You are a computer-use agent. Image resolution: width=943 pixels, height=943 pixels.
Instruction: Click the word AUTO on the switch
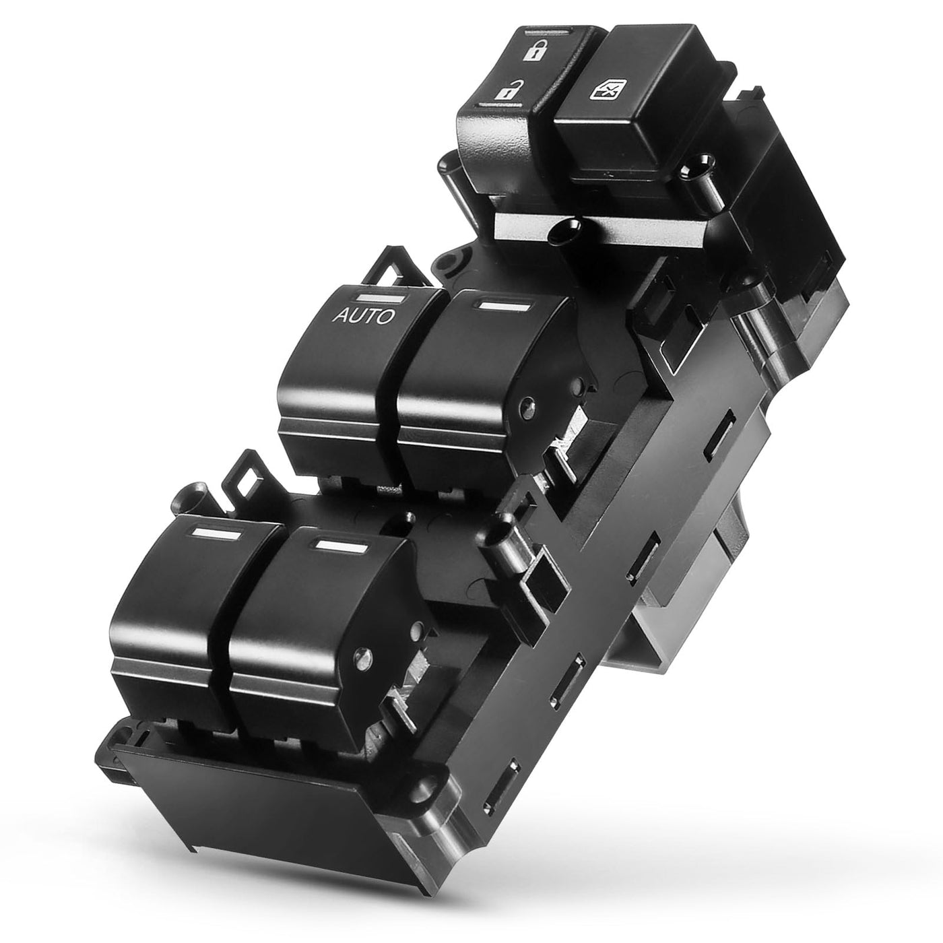363,316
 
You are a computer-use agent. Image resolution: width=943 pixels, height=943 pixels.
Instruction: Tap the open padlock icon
505,90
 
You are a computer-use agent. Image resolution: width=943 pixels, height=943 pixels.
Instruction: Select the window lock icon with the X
608,90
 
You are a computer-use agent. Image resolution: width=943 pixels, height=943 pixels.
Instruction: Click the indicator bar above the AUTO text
381,298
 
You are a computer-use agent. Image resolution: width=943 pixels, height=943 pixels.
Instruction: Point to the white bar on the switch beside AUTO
504,306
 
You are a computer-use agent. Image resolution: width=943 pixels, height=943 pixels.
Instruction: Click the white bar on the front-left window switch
216,534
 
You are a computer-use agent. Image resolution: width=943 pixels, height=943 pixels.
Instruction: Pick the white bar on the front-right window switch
341,547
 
